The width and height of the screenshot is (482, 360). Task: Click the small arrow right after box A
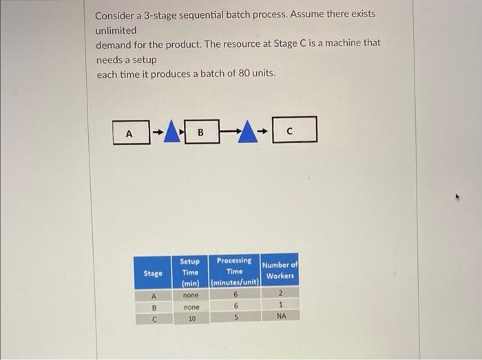[157, 130]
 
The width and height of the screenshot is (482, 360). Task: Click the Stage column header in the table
[153, 273]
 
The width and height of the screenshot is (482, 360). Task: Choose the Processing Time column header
[235, 271]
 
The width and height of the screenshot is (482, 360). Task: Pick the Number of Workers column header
[280, 270]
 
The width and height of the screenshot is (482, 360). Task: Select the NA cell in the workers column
[281, 317]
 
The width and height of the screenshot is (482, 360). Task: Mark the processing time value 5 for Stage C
[235, 318]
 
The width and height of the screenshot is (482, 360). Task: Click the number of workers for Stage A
[280, 294]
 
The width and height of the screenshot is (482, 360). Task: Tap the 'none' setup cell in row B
[191, 307]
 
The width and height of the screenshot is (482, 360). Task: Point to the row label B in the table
[154, 308]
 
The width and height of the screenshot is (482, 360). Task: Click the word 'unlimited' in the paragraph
[116, 30]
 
